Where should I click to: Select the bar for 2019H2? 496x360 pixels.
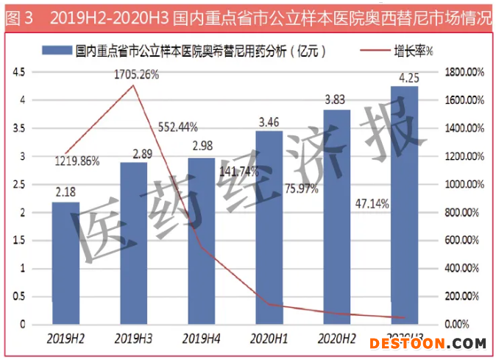66,263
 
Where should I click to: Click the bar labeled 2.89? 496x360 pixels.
133,243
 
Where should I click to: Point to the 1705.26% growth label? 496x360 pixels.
136,74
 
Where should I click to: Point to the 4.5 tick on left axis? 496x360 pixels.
18,71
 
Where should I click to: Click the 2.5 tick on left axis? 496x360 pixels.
18,184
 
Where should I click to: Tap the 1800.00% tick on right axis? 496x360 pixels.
464,71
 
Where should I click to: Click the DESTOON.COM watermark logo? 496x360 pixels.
428,343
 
